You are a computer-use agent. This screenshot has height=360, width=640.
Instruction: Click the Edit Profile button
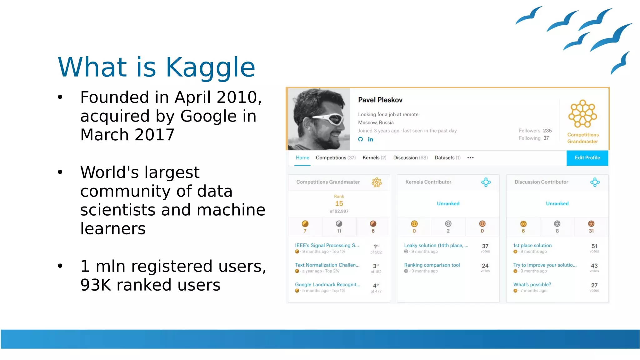coord(587,158)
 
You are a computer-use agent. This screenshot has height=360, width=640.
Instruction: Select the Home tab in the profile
coord(302,158)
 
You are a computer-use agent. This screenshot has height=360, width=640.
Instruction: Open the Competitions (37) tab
coord(336,158)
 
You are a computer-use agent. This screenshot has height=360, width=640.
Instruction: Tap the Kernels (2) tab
coord(374,158)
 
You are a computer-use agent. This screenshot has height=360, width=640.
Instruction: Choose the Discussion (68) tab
coord(410,158)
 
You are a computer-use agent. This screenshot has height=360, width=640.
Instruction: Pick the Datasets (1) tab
coord(447,158)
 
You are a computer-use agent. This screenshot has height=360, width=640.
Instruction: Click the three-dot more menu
coord(470,158)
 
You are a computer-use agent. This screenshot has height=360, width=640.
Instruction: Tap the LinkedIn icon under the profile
coord(370,139)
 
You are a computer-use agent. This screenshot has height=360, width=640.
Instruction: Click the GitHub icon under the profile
coord(361,139)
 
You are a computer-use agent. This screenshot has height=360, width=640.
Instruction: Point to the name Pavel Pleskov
coord(380,100)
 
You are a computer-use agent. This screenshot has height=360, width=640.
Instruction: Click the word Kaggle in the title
coord(210,67)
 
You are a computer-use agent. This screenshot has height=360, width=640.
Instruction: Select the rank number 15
coord(339,204)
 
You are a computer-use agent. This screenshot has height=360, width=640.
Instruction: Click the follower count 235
coord(547,131)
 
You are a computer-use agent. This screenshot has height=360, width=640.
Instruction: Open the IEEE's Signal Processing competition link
coord(327,246)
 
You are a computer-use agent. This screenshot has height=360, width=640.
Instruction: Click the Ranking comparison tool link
coord(432,265)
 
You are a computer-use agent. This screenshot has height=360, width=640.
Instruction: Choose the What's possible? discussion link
coord(532,285)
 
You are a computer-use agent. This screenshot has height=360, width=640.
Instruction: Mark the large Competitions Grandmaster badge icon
coord(582,114)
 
